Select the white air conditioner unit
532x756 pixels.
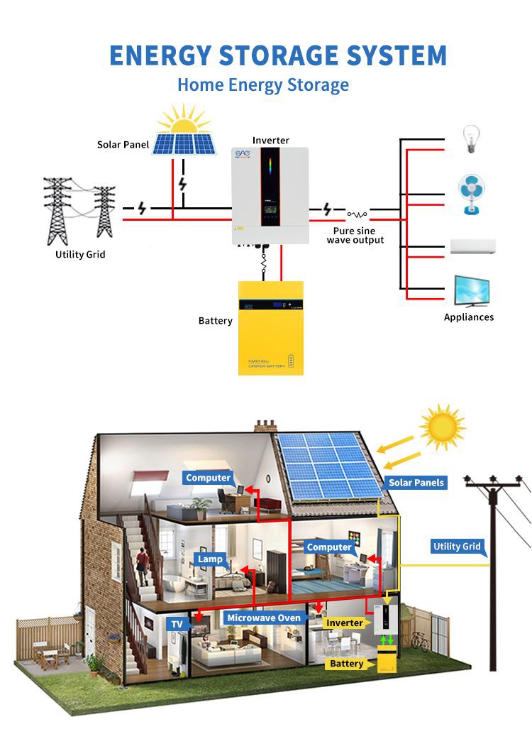(472, 247)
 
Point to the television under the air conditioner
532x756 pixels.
(471, 290)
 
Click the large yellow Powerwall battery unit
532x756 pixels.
(270, 327)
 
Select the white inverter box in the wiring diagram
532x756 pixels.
(270, 195)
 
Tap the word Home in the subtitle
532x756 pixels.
(200, 85)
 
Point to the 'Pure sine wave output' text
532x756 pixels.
(355, 236)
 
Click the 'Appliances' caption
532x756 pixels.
(468, 317)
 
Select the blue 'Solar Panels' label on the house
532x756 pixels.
(416, 483)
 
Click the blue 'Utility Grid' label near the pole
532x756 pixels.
(457, 547)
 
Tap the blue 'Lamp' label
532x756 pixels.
(210, 559)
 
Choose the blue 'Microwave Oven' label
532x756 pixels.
(264, 618)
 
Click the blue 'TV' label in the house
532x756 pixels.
(177, 625)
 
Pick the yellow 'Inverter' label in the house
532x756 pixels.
(344, 623)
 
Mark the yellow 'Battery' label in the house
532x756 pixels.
(346, 664)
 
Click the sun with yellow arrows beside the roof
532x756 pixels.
(441, 427)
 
